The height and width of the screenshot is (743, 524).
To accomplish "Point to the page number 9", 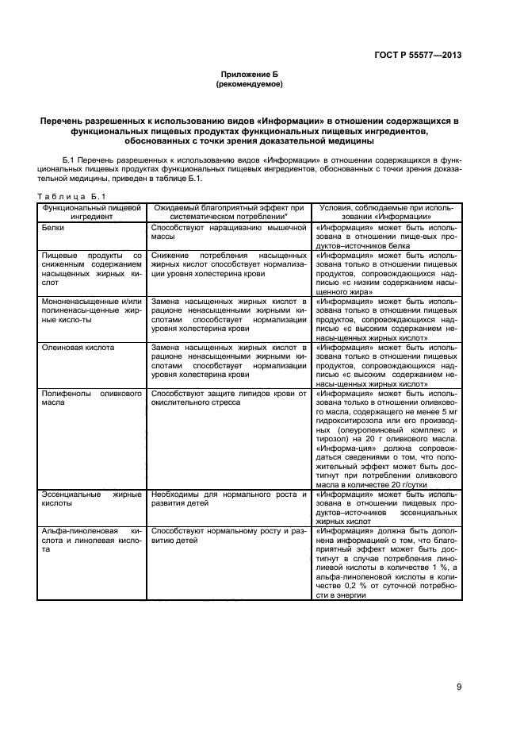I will coord(459,687).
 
